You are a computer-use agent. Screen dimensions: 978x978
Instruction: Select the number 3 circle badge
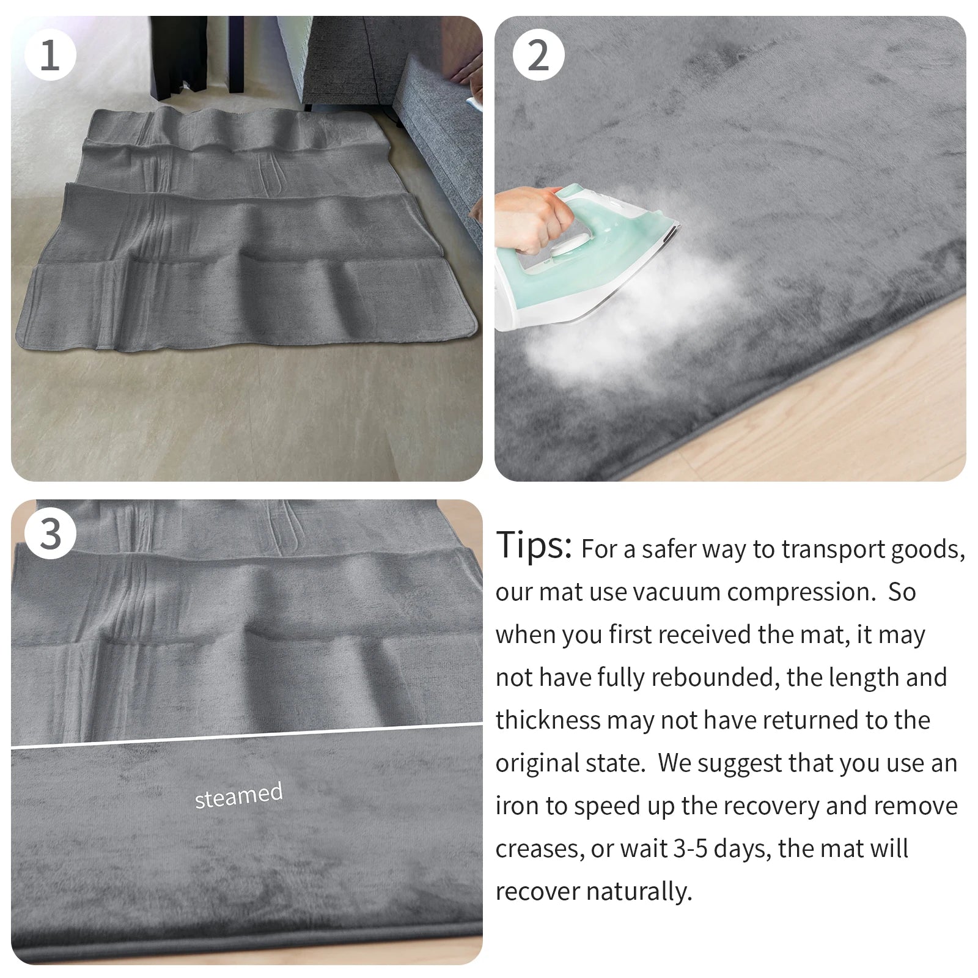[50, 534]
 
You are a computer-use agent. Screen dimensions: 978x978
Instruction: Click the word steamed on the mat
[238, 795]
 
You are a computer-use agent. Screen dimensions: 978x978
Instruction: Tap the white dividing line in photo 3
[244, 737]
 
